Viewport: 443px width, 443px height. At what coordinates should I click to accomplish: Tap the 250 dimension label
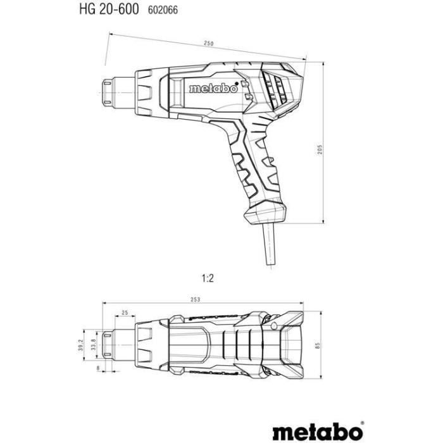tap(208, 43)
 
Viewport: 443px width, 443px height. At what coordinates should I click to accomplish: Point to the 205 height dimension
tap(321, 149)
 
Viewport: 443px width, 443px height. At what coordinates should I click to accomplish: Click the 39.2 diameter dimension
tap(80, 342)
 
